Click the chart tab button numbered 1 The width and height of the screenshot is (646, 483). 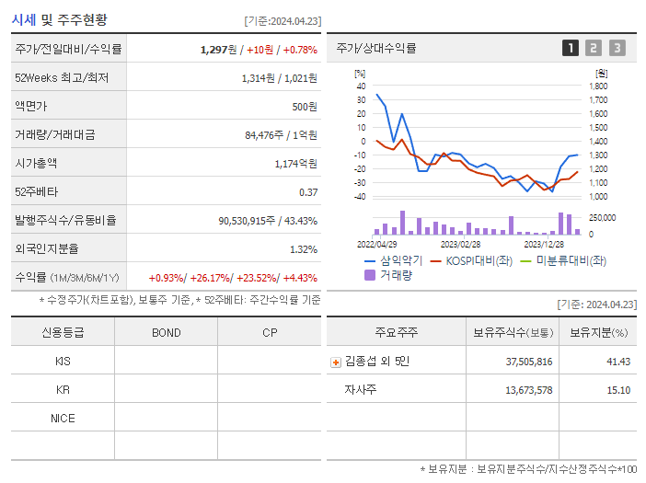pyautogui.click(x=571, y=48)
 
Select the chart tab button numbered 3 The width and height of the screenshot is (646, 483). pyautogui.click(x=617, y=48)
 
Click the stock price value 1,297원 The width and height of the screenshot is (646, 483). pyautogui.click(x=219, y=49)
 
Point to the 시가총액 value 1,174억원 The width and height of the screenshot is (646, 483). pyautogui.click(x=295, y=163)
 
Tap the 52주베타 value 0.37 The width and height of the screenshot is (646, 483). pyautogui.click(x=308, y=191)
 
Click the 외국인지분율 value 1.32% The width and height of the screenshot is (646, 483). pyautogui.click(x=304, y=249)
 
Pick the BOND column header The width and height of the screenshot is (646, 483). pyautogui.click(x=166, y=333)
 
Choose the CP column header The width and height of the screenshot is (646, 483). pyautogui.click(x=270, y=333)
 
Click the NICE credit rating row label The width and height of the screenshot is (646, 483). pyautogui.click(x=63, y=418)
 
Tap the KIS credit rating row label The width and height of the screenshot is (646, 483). pyautogui.click(x=63, y=362)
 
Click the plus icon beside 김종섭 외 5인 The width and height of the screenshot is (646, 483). pyautogui.click(x=336, y=362)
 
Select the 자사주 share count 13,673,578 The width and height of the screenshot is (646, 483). pyautogui.click(x=529, y=390)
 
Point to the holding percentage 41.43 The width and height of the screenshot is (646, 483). pyautogui.click(x=618, y=362)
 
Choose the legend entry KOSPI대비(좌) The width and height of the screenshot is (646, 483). pyautogui.click(x=479, y=260)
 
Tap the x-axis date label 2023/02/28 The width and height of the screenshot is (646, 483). pyautogui.click(x=460, y=245)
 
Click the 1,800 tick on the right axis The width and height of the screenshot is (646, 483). pyautogui.click(x=598, y=86)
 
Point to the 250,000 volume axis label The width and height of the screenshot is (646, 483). pyautogui.click(x=602, y=217)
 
